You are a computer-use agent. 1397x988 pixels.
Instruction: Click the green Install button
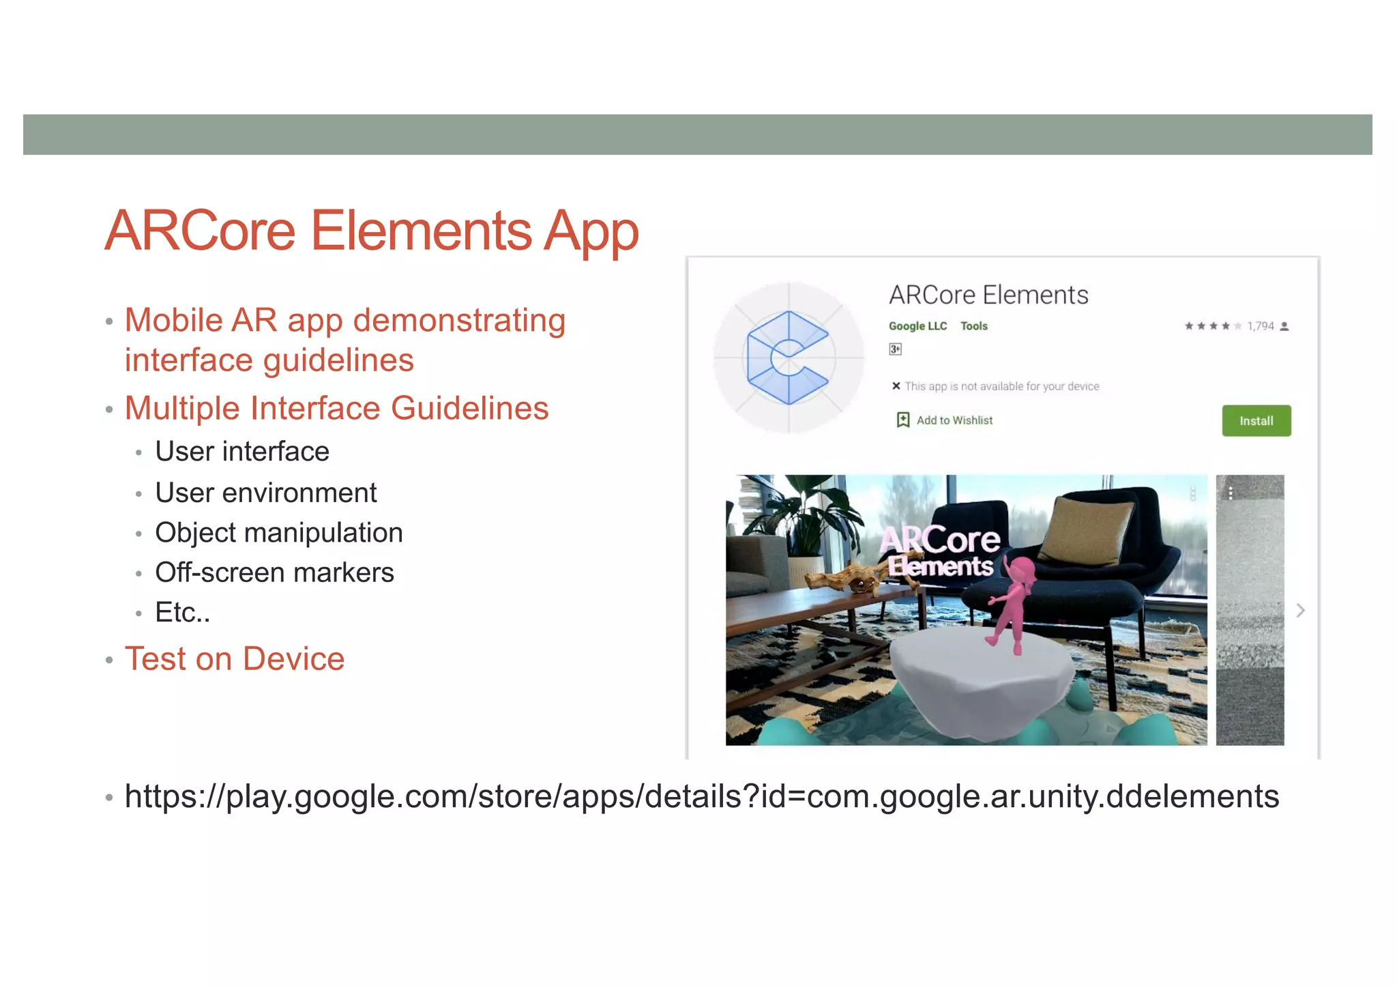pyautogui.click(x=1256, y=421)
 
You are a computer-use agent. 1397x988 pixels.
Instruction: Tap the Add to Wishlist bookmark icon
pyautogui.click(x=902, y=420)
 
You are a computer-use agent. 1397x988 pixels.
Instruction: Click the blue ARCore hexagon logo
pyautogui.click(x=788, y=358)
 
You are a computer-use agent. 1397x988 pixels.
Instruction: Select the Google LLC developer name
pyautogui.click(x=917, y=326)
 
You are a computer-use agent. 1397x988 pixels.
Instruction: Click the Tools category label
pyautogui.click(x=973, y=326)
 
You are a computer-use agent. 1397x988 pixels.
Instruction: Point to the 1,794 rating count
pyautogui.click(x=1260, y=326)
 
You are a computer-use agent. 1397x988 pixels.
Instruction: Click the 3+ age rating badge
pyautogui.click(x=895, y=349)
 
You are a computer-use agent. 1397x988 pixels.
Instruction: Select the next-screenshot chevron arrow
pyautogui.click(x=1300, y=610)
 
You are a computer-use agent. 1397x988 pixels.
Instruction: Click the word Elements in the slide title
pyautogui.click(x=421, y=231)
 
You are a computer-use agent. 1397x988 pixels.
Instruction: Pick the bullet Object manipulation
pyautogui.click(x=278, y=533)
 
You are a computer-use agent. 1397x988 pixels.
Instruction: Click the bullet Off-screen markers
pyautogui.click(x=274, y=572)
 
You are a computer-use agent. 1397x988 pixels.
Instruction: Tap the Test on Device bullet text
pyautogui.click(x=234, y=659)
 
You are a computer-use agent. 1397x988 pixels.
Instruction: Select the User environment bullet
pyautogui.click(x=265, y=493)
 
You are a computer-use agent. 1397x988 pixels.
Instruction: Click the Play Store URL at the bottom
pyautogui.click(x=701, y=796)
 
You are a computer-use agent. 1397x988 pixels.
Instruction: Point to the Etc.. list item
pyautogui.click(x=182, y=612)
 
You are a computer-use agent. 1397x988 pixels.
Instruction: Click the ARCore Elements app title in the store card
pyautogui.click(x=988, y=295)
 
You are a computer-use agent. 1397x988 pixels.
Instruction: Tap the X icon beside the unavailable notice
pyautogui.click(x=896, y=386)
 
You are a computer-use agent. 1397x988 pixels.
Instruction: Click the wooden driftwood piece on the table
pyautogui.click(x=846, y=579)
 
